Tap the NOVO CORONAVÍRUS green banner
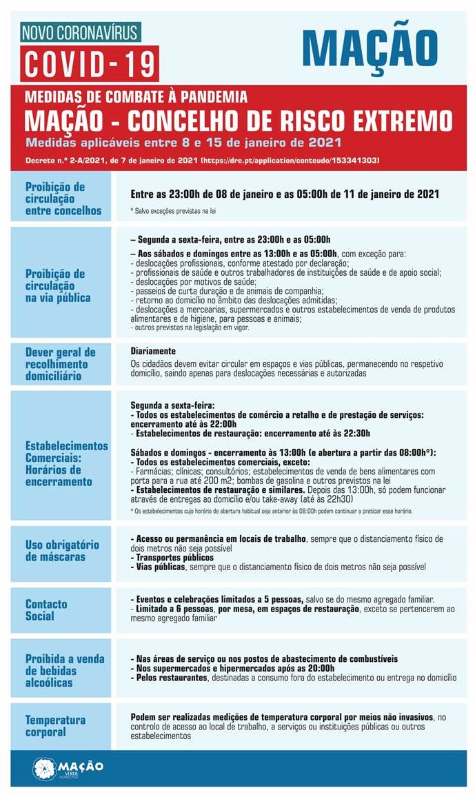tap(81, 32)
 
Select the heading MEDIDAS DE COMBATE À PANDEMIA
tap(135, 98)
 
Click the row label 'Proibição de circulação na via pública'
tap(58, 285)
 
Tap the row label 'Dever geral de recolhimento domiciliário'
tap(60, 363)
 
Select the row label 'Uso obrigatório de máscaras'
tap(62, 550)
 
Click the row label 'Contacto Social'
tap(46, 609)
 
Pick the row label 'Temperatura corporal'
tap(56, 725)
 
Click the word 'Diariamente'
tap(152, 351)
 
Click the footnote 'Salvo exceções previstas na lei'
tap(173, 210)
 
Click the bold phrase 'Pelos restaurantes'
tap(170, 678)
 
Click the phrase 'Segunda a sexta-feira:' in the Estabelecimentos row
tap(172, 405)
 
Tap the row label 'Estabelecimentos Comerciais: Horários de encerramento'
tap(65, 463)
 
